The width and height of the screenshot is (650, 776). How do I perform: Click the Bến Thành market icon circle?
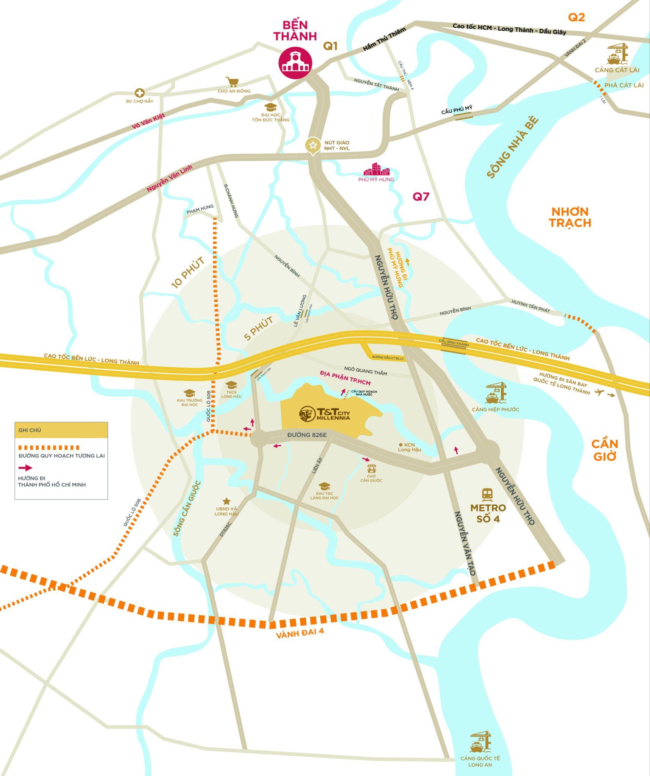pos(295,62)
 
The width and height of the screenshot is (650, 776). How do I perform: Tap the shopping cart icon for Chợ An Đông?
pos(232,82)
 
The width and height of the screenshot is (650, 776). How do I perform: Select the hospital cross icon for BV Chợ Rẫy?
pos(140,93)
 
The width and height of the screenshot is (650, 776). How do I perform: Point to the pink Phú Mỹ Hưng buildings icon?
pos(376,169)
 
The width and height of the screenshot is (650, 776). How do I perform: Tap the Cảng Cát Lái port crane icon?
pos(617,54)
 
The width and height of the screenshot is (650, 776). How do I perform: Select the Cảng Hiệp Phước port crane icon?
pos(496,393)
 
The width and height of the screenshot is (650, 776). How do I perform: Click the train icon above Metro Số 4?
pos(487,494)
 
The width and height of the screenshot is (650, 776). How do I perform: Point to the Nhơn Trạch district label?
pos(570,217)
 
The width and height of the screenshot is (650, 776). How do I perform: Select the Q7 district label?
pos(421,197)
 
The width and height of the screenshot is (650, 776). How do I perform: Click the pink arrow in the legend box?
pos(25,468)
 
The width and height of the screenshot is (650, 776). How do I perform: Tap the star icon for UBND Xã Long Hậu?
pos(226,501)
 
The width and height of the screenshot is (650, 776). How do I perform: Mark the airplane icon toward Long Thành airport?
pos(599,392)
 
